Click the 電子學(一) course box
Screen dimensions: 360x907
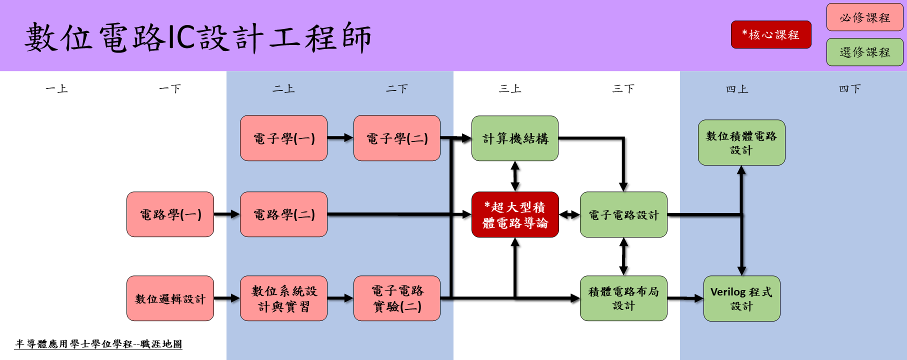pyautogui.click(x=283, y=138)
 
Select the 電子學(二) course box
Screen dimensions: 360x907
pyautogui.click(x=396, y=138)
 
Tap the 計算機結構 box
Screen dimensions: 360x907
pyautogui.click(x=514, y=138)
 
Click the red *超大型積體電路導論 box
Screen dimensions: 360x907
pyautogui.click(x=514, y=214)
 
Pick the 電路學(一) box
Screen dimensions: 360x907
pyautogui.click(x=170, y=214)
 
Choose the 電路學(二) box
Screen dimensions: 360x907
pyautogui.click(x=283, y=214)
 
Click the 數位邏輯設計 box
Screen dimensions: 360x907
pyautogui.click(x=170, y=298)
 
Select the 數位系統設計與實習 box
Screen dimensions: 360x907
pyautogui.click(x=283, y=298)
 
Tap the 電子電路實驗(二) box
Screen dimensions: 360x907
pyautogui.click(x=396, y=298)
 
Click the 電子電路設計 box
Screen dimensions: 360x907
pyautogui.click(x=623, y=214)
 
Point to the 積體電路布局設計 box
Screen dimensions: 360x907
pyautogui.click(x=623, y=298)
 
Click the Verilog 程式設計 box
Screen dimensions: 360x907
pyautogui.click(x=741, y=298)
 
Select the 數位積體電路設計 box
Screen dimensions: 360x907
pyautogui.click(x=741, y=142)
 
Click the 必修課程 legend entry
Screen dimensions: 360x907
pyautogui.click(x=864, y=17)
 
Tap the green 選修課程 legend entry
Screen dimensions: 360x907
pyautogui.click(x=864, y=52)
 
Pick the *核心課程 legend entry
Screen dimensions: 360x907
pyautogui.click(x=770, y=34)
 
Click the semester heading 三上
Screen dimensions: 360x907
pyautogui.click(x=510, y=88)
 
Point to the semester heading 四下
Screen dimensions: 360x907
pyautogui.click(x=849, y=88)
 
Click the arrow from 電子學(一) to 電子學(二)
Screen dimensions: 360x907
pyautogui.click(x=340, y=138)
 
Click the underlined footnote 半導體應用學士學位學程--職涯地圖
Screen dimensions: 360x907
pyautogui.click(x=98, y=344)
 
